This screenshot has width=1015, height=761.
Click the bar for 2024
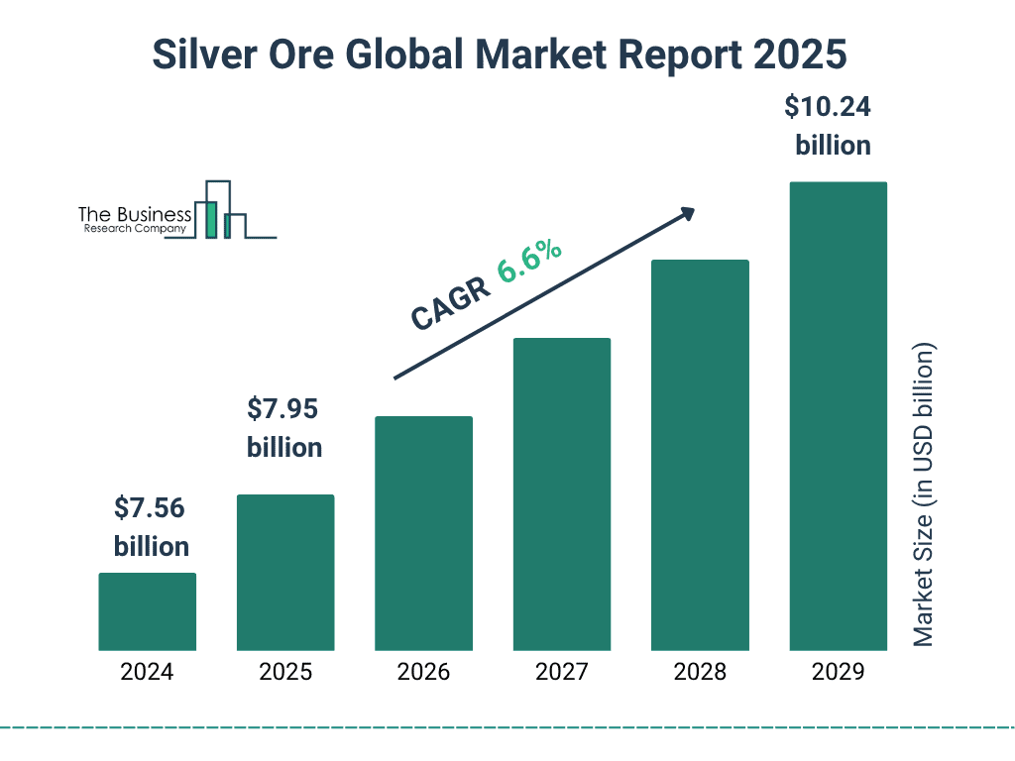pyautogui.click(x=147, y=611)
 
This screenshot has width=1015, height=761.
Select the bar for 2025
pyautogui.click(x=285, y=573)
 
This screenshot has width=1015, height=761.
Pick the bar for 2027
pyautogui.click(x=561, y=494)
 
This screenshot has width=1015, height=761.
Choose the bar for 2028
pyautogui.click(x=700, y=455)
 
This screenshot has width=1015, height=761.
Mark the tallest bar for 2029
pyautogui.click(x=838, y=416)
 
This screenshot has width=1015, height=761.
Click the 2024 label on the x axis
pyautogui.click(x=147, y=672)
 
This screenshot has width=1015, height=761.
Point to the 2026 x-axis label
pyautogui.click(x=423, y=672)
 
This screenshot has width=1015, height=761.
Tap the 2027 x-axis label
pyautogui.click(x=561, y=672)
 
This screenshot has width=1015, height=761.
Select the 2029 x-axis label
pyautogui.click(x=838, y=672)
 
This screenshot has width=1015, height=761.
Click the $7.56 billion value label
pyautogui.click(x=151, y=527)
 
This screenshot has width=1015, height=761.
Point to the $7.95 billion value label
pyautogui.click(x=284, y=428)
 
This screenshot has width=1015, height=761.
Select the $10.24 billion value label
pyautogui.click(x=833, y=126)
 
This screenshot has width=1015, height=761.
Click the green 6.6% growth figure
pyautogui.click(x=529, y=261)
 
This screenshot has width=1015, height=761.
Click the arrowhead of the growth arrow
pyautogui.click(x=687, y=213)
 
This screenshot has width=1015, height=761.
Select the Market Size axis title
pyautogui.click(x=924, y=495)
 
